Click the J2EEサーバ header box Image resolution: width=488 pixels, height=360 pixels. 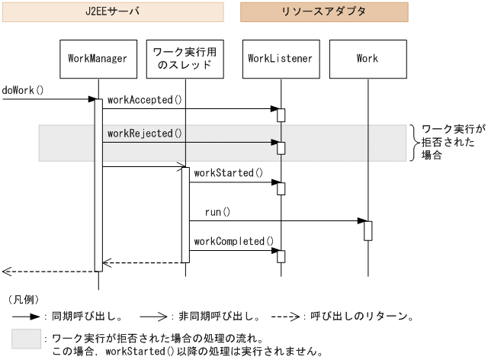click(x=113, y=11)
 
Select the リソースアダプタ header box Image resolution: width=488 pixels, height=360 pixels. click(x=324, y=11)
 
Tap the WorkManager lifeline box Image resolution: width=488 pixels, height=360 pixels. click(x=98, y=59)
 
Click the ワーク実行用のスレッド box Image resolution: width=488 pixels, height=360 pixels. click(x=184, y=59)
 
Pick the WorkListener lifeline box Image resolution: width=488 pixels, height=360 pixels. click(x=280, y=59)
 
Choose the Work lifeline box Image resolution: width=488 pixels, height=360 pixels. click(x=367, y=59)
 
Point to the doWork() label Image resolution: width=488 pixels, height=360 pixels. click(x=23, y=90)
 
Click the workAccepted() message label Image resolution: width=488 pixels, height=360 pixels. click(x=145, y=100)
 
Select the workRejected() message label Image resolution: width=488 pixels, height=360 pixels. click(x=145, y=133)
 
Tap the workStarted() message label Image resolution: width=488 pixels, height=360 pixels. click(x=228, y=173)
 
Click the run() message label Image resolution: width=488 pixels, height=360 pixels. click(x=217, y=211)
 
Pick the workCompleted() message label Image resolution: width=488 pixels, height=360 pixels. click(x=233, y=242)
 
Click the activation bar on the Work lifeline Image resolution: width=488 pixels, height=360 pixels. click(x=368, y=230)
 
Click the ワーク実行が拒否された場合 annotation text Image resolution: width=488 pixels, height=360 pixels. click(x=452, y=142)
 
